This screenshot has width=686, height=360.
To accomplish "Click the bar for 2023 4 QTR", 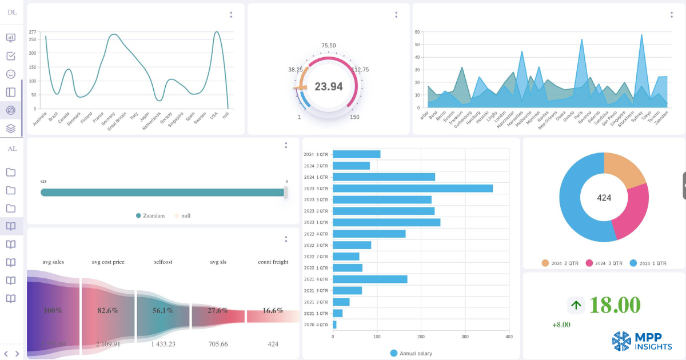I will pyautogui.click(x=412, y=188).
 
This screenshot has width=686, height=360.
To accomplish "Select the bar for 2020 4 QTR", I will pyautogui.click(x=334, y=325).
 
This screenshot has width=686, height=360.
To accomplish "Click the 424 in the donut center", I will pyautogui.click(x=604, y=198).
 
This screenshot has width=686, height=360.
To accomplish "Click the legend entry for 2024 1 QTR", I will pyautogui.click(x=648, y=263).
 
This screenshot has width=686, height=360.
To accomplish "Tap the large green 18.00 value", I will pyautogui.click(x=615, y=305).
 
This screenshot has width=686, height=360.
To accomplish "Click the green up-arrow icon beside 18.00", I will pyautogui.click(x=576, y=305).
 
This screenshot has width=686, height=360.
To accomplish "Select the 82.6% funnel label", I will pyautogui.click(x=108, y=310).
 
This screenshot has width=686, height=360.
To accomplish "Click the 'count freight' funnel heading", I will pyautogui.click(x=273, y=262).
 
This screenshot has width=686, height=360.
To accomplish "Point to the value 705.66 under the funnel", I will pyautogui.click(x=217, y=344).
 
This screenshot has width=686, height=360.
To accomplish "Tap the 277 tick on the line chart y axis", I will pyautogui.click(x=33, y=32).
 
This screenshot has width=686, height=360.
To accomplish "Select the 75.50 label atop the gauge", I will pyautogui.click(x=329, y=46).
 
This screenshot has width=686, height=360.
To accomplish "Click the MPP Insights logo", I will pyautogui.click(x=641, y=341).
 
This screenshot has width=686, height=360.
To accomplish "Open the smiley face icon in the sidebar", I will pyautogui.click(x=11, y=74).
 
